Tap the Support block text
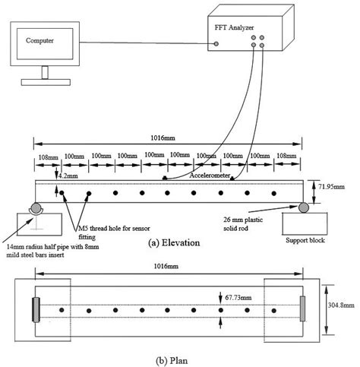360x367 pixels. click(306, 242)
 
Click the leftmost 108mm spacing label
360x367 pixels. click(49, 157)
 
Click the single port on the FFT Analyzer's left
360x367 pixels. click(216, 43)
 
